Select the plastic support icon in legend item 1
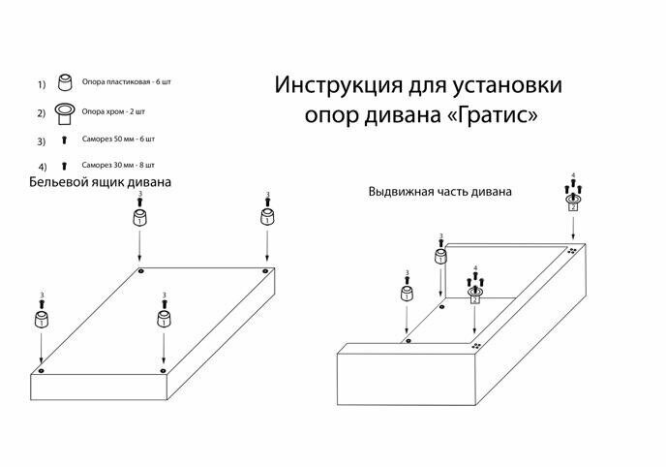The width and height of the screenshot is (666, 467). click(x=66, y=81)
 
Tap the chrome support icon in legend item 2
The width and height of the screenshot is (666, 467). click(x=66, y=113)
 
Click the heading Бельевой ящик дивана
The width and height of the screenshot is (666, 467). click(x=100, y=182)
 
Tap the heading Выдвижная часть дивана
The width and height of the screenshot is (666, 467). click(x=439, y=192)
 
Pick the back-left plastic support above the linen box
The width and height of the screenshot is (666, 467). click(x=140, y=216)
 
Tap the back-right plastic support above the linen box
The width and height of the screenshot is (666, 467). click(x=266, y=216)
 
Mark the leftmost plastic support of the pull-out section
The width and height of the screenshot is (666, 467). click(x=407, y=295)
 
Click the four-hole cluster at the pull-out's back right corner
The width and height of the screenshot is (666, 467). click(x=573, y=250)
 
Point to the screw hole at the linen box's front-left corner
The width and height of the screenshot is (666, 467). click(x=41, y=370)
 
